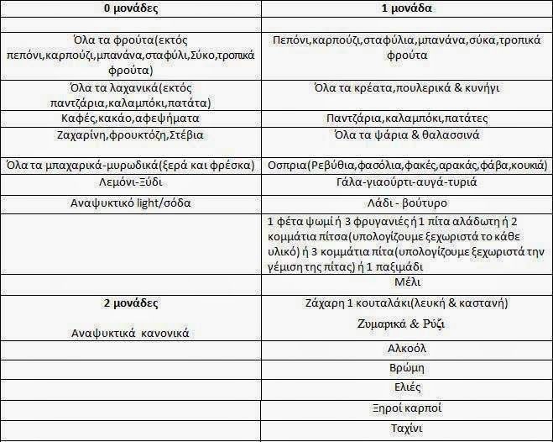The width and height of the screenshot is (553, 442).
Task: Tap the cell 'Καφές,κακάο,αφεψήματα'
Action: (x=130, y=118)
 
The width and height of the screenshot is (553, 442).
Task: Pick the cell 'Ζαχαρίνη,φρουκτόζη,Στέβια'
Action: (x=130, y=134)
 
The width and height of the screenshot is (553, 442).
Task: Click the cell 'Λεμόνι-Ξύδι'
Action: (x=130, y=181)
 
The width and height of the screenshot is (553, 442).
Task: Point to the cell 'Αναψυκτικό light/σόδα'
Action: (x=130, y=203)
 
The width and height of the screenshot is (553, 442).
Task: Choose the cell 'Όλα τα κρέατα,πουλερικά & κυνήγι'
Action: (x=406, y=88)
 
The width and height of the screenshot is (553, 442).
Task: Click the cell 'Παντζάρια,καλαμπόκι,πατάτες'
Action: (x=406, y=119)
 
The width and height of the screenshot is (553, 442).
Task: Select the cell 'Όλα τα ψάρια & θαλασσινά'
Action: (x=406, y=134)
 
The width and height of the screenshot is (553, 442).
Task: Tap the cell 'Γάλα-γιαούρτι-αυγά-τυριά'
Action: (x=406, y=182)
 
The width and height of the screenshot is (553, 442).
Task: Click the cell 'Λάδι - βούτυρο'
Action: (x=406, y=203)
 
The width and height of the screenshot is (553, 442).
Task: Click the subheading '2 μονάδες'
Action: (x=130, y=303)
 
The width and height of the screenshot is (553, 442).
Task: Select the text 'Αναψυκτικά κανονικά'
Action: (x=130, y=333)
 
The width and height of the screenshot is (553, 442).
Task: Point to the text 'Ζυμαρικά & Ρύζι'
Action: (x=406, y=324)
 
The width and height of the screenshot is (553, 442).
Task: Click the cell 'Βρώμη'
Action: (x=406, y=367)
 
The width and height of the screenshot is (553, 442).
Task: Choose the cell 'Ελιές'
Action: (x=406, y=388)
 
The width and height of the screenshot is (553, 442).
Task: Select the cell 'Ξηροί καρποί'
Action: (x=406, y=409)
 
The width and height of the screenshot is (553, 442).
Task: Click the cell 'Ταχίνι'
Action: (x=406, y=429)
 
